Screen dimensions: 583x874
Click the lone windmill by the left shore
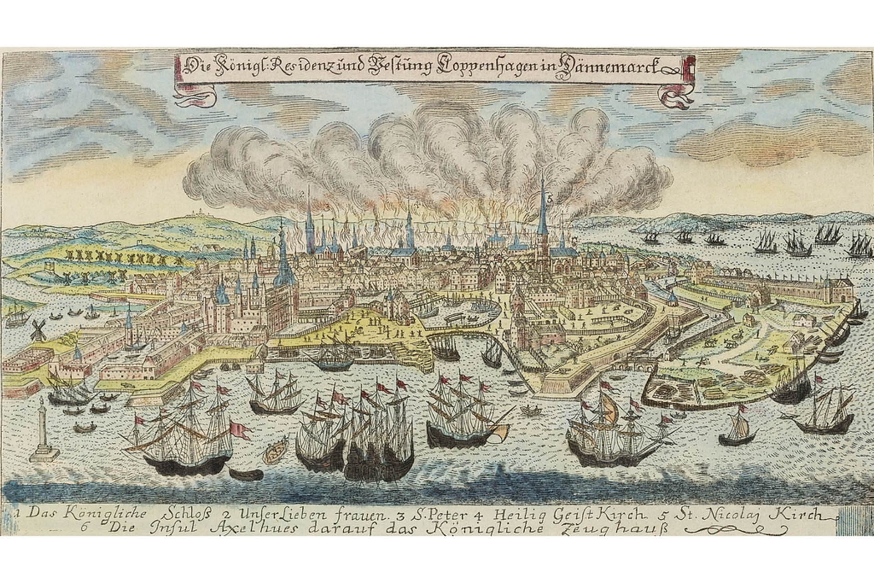point(38,328)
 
